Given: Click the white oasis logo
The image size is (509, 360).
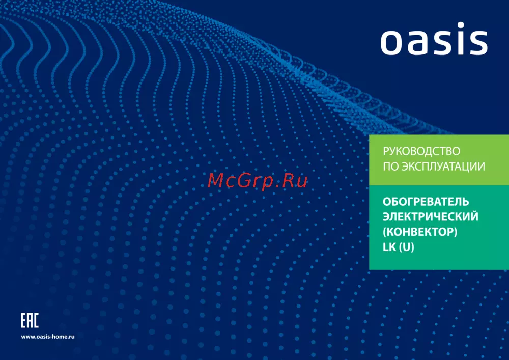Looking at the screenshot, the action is [434, 39].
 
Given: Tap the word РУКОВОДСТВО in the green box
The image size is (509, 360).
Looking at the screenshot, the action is [421, 151].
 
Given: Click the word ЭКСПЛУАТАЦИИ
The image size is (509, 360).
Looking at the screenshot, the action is [443, 167].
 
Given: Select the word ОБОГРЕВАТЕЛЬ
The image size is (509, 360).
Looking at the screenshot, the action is [426, 202].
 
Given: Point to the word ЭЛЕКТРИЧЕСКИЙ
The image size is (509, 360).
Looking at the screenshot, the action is [431, 216].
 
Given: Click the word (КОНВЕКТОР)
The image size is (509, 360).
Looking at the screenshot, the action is [420, 232].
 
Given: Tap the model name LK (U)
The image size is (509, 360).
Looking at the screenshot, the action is [399, 247].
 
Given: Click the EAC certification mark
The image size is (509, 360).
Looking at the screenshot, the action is [30, 320].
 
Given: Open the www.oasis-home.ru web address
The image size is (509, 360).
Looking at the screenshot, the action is [48, 337].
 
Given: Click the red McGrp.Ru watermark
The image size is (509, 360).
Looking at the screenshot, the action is [258, 181].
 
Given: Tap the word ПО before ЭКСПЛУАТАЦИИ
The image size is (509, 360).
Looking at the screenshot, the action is [391, 167].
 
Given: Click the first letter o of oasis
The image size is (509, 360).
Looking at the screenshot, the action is [391, 42].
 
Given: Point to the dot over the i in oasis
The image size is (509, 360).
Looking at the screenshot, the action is [462, 25].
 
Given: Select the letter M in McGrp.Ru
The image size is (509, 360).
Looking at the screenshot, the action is [215, 181].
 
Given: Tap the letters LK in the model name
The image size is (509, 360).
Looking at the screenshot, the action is [389, 247].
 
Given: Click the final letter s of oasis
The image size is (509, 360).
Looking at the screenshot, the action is [478, 43].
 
